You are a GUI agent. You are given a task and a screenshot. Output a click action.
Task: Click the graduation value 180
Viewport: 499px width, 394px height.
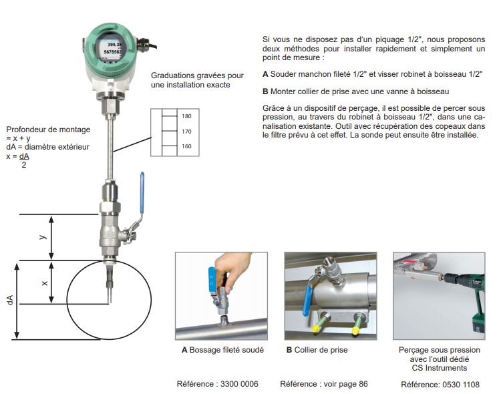click(186, 116)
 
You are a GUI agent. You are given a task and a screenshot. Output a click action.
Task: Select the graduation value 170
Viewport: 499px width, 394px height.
click(186, 132)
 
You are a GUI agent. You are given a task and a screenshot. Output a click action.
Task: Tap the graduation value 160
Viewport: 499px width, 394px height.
click(186, 146)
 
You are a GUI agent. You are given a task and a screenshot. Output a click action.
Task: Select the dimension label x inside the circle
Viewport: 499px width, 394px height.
click(45, 282)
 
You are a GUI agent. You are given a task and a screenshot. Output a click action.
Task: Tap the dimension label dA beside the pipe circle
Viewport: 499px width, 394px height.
click(10, 301)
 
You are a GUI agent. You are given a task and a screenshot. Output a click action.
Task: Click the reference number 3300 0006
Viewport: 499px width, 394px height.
click(234, 384)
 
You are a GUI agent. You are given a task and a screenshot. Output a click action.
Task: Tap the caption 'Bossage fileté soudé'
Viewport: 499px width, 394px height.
click(227, 349)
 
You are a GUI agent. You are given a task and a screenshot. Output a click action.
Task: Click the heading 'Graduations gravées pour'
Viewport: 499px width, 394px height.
click(197, 75)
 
